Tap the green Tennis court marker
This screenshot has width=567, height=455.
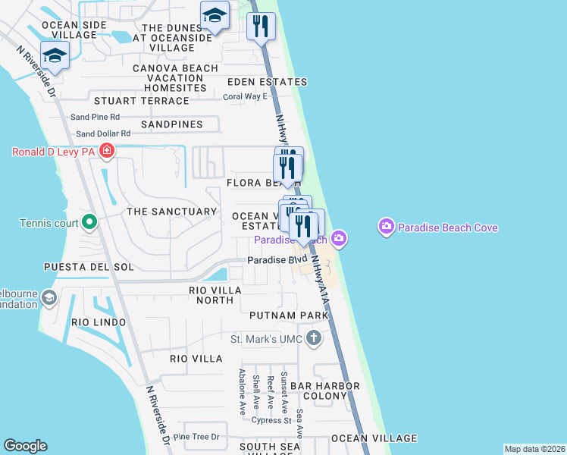pos(89,223)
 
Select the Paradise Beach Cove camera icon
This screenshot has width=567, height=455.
pos(387,227)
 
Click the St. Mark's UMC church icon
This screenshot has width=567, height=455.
pos(312,338)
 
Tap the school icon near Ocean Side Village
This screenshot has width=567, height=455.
pos(55,55)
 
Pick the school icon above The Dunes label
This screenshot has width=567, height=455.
pos(215,16)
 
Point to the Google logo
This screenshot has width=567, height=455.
pos(25,446)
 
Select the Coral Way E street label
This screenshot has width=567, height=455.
pos(245,96)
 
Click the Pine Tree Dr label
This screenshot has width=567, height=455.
pos(196,437)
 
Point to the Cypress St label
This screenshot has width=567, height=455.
pos(271,420)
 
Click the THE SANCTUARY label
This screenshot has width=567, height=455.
pos(171,212)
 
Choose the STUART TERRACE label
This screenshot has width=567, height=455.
pos(141,101)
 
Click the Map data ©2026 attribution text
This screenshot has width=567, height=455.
pos(534,449)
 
